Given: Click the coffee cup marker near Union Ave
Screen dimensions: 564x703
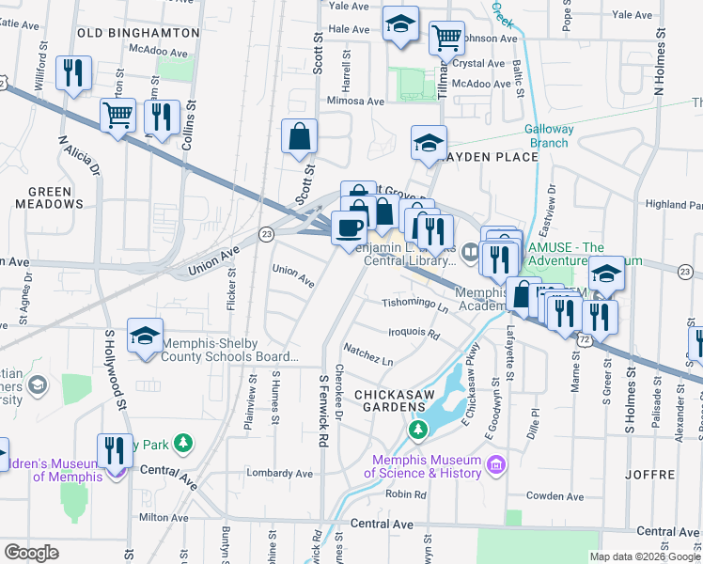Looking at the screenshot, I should pyautogui.click(x=350, y=227).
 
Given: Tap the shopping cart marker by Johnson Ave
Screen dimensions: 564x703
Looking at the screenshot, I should pyautogui.click(x=446, y=39).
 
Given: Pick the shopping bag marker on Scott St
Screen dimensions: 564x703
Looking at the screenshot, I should pyautogui.click(x=299, y=136).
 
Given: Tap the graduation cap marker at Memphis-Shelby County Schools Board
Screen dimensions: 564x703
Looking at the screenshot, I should pyautogui.click(x=145, y=337).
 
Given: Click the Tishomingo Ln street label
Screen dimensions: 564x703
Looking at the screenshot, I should pyautogui.click(x=414, y=304).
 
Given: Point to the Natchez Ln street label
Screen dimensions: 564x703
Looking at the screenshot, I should pyautogui.click(x=367, y=354).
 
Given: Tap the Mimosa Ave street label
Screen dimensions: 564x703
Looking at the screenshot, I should pyautogui.click(x=355, y=101).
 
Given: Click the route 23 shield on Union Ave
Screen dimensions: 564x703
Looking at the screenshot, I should pyautogui.click(x=267, y=233).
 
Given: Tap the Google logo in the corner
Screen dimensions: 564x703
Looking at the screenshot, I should pyautogui.click(x=31, y=553).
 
